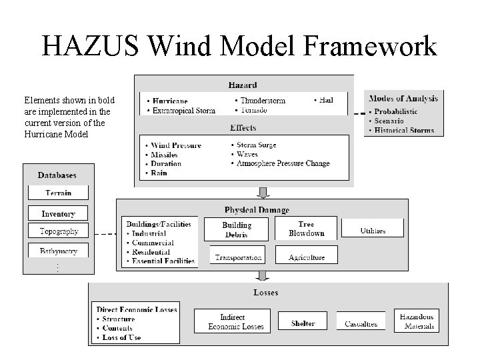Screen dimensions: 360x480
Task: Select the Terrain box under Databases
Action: [x=59, y=193]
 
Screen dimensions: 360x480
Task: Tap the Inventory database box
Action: [x=59, y=214]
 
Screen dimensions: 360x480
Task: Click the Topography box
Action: [x=59, y=231]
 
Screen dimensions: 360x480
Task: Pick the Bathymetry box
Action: [x=59, y=251]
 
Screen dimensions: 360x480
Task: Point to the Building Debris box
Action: [x=236, y=229]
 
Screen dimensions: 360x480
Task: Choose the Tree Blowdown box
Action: [x=306, y=229]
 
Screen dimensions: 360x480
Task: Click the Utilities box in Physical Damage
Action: [x=373, y=230]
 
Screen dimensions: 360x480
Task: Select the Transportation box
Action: [x=237, y=257]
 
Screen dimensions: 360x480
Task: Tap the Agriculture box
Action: [x=307, y=257]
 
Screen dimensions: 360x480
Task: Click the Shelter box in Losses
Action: [x=303, y=323]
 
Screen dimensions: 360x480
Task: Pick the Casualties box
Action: [x=361, y=323]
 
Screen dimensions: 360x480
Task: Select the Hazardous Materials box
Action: [x=417, y=322]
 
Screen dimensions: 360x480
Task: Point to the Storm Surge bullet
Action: [x=256, y=145]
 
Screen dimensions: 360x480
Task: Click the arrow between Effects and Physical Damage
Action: [x=263, y=192]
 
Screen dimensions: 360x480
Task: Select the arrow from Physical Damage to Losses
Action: [x=263, y=276]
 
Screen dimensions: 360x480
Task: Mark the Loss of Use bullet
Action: [x=122, y=337]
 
